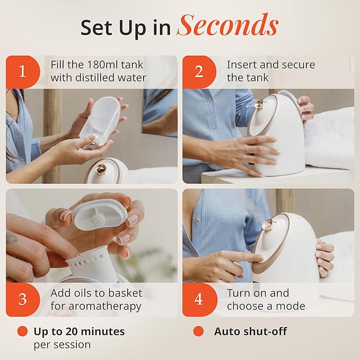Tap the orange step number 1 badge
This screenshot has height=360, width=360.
[22, 72]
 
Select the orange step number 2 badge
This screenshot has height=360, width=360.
[199, 72]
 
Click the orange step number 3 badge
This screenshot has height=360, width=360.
[22, 299]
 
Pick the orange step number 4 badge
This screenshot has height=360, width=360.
[199, 299]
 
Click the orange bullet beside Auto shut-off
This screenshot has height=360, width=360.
[198, 331]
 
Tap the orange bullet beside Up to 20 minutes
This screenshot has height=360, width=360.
[22, 331]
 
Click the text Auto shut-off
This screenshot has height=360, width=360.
[250, 331]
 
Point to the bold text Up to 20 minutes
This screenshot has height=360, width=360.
[79, 331]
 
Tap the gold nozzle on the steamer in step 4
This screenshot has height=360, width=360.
[269, 224]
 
